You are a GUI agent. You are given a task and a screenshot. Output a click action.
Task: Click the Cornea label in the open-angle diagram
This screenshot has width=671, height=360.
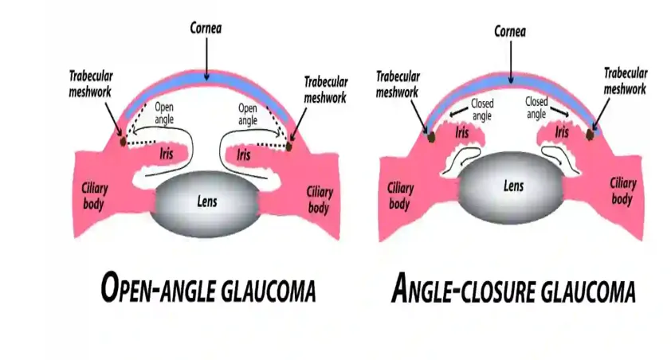click(206, 28)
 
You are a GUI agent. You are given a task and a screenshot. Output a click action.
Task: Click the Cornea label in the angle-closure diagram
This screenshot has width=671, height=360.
click(510, 31)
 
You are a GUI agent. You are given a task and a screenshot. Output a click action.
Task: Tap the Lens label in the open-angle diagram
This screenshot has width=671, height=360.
click(207, 202)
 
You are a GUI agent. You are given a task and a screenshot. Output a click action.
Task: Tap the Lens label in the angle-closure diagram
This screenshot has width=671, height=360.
click(513, 186)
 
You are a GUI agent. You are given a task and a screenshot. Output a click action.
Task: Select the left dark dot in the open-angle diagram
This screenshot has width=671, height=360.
click(124, 141)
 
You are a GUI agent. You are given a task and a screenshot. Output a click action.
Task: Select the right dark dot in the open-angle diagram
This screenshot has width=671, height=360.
click(288, 147)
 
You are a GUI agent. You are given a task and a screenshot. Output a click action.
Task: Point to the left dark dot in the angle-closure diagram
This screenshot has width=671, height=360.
click(431, 137)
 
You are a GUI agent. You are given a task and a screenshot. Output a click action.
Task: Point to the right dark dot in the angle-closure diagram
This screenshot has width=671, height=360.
click(590, 135)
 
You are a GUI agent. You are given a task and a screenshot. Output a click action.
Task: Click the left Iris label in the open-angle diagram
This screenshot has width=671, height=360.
click(166, 153)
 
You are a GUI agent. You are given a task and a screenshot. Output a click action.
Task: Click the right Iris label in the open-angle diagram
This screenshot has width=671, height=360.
click(244, 155)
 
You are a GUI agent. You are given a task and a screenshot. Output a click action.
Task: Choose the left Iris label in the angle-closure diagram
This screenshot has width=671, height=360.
click(462, 132)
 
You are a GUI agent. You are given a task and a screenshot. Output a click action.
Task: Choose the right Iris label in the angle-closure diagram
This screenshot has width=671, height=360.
click(562, 131)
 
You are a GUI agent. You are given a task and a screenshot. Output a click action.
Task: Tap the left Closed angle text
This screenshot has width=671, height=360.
click(482, 110)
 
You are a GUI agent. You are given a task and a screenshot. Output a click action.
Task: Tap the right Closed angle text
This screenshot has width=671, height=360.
click(536, 108)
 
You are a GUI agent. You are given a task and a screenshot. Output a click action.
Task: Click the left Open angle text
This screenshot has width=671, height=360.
click(164, 113)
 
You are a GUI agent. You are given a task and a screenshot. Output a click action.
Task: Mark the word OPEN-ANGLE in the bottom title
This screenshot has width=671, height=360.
click(159, 288)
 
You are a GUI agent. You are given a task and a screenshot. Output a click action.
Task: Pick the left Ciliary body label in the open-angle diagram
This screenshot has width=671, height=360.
click(94, 196)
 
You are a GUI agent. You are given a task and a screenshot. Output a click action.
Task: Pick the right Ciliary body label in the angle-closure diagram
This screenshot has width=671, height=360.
click(622, 191)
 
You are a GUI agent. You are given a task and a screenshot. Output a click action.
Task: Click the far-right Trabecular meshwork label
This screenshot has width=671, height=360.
click(626, 81)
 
